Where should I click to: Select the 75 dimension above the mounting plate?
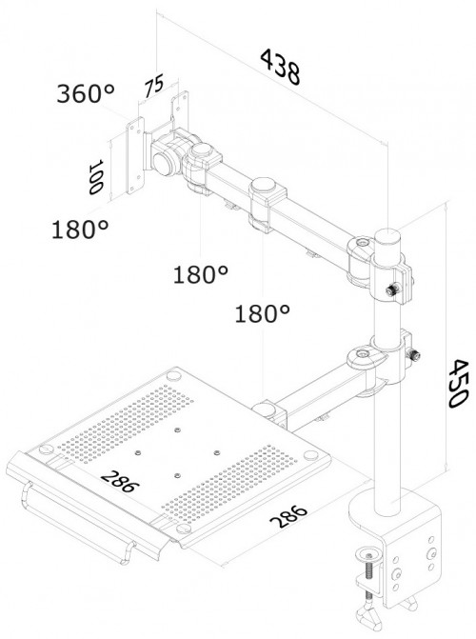153,88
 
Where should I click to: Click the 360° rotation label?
85,94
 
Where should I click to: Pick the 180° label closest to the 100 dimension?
80,230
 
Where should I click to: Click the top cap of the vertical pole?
387,234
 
